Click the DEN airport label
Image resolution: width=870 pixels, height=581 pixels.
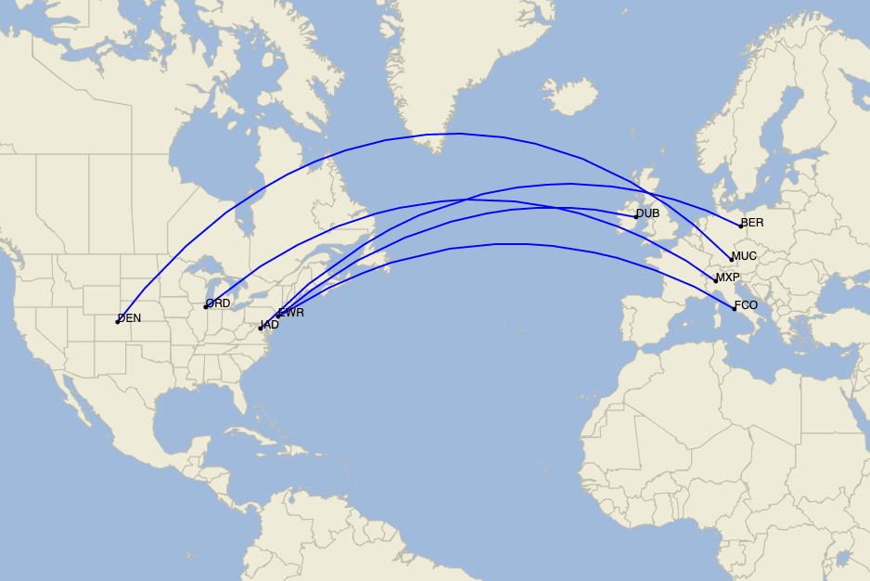point(130,318)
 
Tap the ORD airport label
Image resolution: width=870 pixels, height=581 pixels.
point(219,303)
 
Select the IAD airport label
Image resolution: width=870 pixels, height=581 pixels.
point(270,325)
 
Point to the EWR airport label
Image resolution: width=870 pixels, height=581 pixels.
point(292,313)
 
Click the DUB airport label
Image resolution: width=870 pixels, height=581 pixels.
point(648,213)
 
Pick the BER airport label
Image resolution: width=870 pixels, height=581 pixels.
point(752,223)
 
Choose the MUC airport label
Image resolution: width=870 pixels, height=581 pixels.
point(744,256)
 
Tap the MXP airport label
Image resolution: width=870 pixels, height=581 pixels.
point(728,278)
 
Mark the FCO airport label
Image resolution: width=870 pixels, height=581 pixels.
point(746,305)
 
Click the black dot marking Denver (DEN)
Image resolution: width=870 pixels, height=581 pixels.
point(118,321)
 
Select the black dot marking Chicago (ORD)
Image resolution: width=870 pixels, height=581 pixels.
point(206,306)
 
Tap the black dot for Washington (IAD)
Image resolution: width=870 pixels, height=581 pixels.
point(261,328)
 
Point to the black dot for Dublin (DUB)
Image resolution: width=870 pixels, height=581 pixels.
point(636,216)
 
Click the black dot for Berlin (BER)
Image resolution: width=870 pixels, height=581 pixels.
point(740,226)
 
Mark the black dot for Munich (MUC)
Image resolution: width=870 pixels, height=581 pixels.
point(731,259)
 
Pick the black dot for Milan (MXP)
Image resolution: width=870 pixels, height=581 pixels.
point(716,280)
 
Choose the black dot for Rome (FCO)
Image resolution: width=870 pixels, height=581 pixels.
point(734,308)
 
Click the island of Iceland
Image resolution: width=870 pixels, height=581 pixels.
point(568,96)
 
